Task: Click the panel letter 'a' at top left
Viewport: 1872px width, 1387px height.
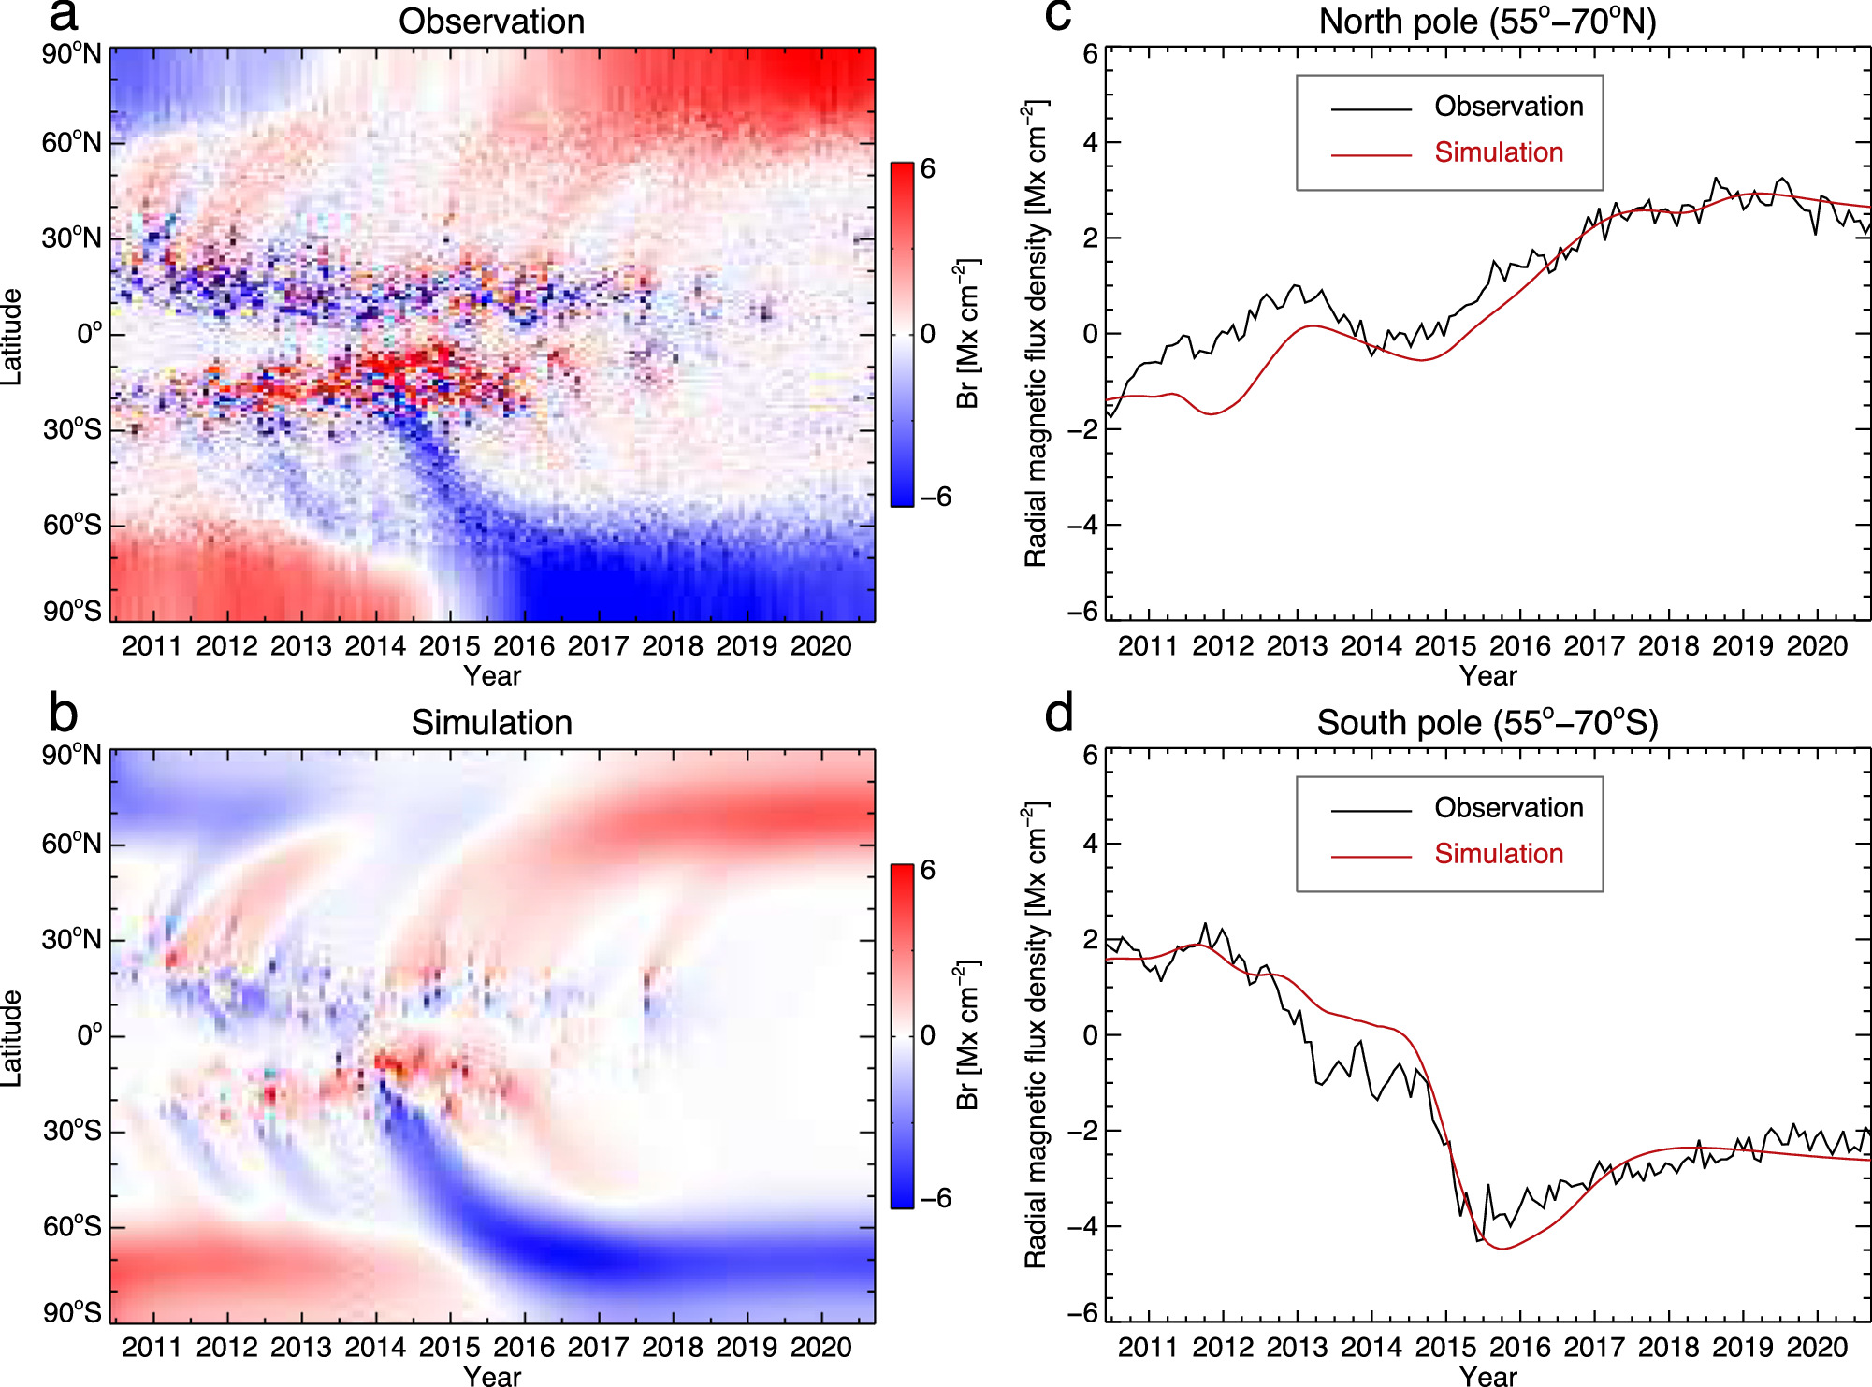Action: pos(63,16)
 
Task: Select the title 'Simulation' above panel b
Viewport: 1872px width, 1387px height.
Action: pos(491,722)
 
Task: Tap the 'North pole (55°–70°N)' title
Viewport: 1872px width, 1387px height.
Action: pos(1487,21)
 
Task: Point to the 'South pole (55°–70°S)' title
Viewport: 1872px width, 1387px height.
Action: pos(1487,722)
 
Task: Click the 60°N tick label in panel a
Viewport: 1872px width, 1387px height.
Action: pos(72,142)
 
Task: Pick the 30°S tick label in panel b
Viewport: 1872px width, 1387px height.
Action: pos(72,1131)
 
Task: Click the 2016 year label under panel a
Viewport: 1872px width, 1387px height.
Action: pos(523,645)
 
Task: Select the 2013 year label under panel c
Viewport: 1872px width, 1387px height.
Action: pos(1297,645)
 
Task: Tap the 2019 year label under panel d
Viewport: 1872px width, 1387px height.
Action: pos(1742,1347)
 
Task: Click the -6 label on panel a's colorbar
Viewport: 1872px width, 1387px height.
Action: pos(935,497)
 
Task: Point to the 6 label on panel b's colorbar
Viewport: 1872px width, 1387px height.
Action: pos(927,870)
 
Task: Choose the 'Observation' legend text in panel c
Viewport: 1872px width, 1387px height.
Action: pos(1508,107)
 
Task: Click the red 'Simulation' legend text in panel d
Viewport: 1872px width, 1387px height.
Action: pos(1499,853)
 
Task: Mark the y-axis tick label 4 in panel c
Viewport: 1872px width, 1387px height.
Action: pos(1090,142)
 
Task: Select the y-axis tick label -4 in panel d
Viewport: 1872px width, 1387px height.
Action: pos(1082,1226)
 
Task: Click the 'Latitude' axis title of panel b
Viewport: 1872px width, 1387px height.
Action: pos(11,1036)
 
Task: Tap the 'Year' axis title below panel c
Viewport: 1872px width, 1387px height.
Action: pos(1487,675)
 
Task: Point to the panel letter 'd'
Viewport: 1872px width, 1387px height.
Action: pos(1059,715)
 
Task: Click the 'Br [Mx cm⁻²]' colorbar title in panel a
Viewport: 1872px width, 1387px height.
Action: pos(967,334)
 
